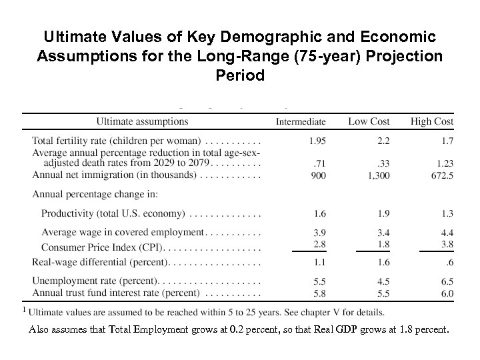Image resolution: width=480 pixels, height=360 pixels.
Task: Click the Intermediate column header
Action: point(301,122)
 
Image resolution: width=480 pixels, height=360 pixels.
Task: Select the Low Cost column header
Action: point(369,122)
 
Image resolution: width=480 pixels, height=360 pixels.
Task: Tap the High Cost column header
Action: point(431,122)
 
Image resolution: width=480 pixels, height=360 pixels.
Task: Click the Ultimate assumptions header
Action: point(142,122)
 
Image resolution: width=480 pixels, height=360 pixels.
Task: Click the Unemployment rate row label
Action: point(95,281)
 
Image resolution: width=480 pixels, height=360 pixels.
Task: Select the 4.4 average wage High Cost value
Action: point(447,233)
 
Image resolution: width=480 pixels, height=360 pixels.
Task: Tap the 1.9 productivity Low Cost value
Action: point(381,214)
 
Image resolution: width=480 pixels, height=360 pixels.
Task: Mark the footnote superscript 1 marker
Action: point(25,309)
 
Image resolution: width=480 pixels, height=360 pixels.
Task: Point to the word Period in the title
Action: point(240,75)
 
